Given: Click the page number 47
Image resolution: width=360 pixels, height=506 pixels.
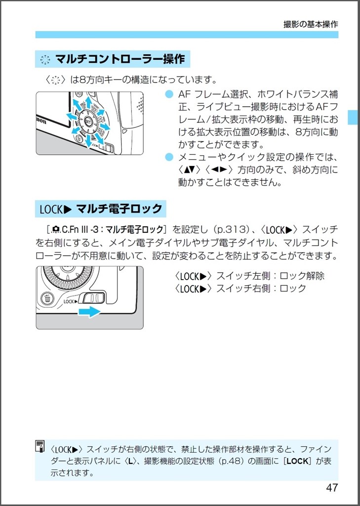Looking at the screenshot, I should pos(332,487).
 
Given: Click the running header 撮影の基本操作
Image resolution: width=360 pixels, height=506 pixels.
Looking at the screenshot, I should pos(311,24).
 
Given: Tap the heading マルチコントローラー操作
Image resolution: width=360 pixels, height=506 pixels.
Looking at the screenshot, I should pos(120,60).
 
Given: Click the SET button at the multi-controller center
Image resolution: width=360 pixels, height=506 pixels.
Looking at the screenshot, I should pos(88,121).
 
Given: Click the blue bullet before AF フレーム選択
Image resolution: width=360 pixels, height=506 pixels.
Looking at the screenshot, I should pos(169,94).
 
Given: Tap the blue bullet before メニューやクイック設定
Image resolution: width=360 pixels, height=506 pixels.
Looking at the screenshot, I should pos(169,158).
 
